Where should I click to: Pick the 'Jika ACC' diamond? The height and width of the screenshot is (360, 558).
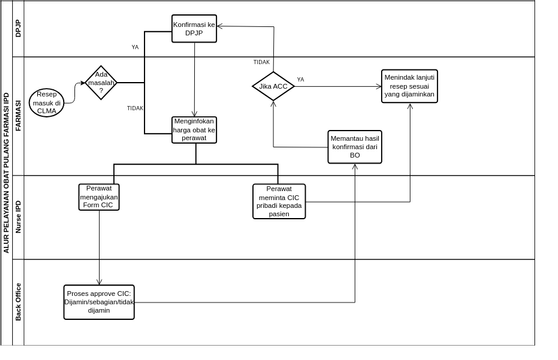[273, 87]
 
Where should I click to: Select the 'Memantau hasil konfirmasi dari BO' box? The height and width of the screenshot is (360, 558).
[355, 147]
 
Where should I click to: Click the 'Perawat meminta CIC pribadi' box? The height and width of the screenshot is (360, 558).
[279, 199]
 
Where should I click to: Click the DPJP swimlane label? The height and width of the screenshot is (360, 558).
[19, 29]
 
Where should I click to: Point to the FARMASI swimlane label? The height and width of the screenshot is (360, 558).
[19, 116]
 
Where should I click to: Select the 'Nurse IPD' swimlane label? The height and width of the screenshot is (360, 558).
[19, 217]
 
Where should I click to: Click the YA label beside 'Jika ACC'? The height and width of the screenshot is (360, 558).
[300, 79]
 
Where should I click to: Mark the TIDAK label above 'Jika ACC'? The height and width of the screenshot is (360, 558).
[261, 62]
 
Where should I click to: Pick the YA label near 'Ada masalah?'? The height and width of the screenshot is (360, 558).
[135, 47]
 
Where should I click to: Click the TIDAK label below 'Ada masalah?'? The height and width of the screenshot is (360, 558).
[135, 108]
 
